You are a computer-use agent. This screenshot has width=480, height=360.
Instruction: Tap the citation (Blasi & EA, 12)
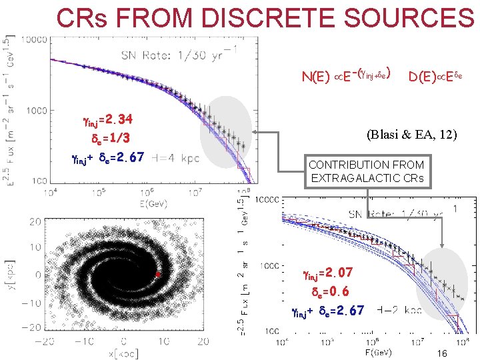(x=411, y=135)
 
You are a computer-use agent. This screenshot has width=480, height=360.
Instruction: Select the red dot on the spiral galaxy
(x=158, y=275)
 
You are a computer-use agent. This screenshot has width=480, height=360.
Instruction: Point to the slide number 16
(x=441, y=353)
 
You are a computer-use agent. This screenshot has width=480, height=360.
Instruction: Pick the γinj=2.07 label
(x=332, y=273)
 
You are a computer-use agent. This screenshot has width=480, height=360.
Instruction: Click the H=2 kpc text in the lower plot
(x=399, y=311)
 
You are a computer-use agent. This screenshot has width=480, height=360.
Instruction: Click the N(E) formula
(x=346, y=74)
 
